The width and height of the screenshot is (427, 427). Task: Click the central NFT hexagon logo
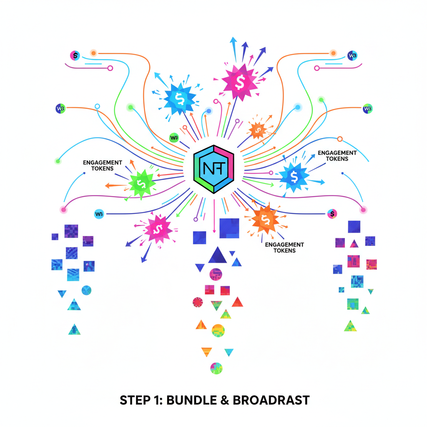pos(213,168)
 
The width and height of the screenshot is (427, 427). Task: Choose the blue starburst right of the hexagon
pos(294,177)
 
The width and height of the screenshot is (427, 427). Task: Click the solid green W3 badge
pos(174,137)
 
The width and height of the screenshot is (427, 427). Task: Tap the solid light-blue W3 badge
pos(99,214)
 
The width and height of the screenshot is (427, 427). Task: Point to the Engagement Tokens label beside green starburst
pos(103,166)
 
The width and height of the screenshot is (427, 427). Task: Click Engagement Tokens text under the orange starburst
pos(284,247)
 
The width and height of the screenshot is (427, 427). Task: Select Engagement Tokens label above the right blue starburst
pos(337,156)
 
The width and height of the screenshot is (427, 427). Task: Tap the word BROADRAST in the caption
pos(271,400)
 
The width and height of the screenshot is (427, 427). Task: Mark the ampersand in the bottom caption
pos(224,400)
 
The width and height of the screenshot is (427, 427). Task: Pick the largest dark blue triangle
pos(217,255)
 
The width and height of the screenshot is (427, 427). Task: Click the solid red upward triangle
pos(237,302)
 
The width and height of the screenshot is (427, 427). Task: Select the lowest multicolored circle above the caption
pos(216,368)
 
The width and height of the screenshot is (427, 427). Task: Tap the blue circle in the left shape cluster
pos(87,290)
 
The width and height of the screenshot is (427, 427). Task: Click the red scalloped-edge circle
pos(198,302)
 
